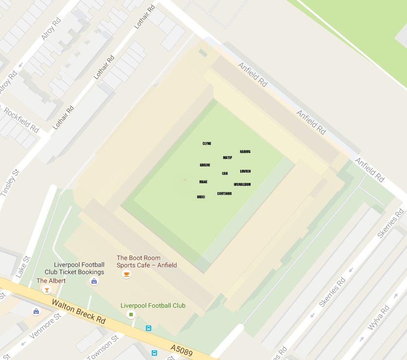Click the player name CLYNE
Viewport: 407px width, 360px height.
click(207, 144)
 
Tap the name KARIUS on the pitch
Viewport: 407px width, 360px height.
click(245, 152)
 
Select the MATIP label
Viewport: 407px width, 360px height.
click(228, 158)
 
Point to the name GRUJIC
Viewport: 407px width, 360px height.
click(205, 165)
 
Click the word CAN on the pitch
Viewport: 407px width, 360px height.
click(225, 173)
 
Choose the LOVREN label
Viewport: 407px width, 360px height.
click(245, 171)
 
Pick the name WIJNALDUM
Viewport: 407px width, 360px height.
click(242, 185)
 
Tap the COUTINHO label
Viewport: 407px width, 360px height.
click(224, 194)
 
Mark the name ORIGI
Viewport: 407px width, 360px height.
click(201, 197)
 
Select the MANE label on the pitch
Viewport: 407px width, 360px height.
click(203, 182)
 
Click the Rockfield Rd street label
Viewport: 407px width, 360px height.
click(21, 120)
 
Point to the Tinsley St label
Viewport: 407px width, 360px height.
click(10, 183)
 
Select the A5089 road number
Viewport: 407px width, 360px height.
click(182, 349)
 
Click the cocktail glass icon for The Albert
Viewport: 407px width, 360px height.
click(47, 290)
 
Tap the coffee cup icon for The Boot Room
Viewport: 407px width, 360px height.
click(126, 274)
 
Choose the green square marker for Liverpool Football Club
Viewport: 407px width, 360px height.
click(130, 315)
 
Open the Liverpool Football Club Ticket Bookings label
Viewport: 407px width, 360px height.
click(74, 269)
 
